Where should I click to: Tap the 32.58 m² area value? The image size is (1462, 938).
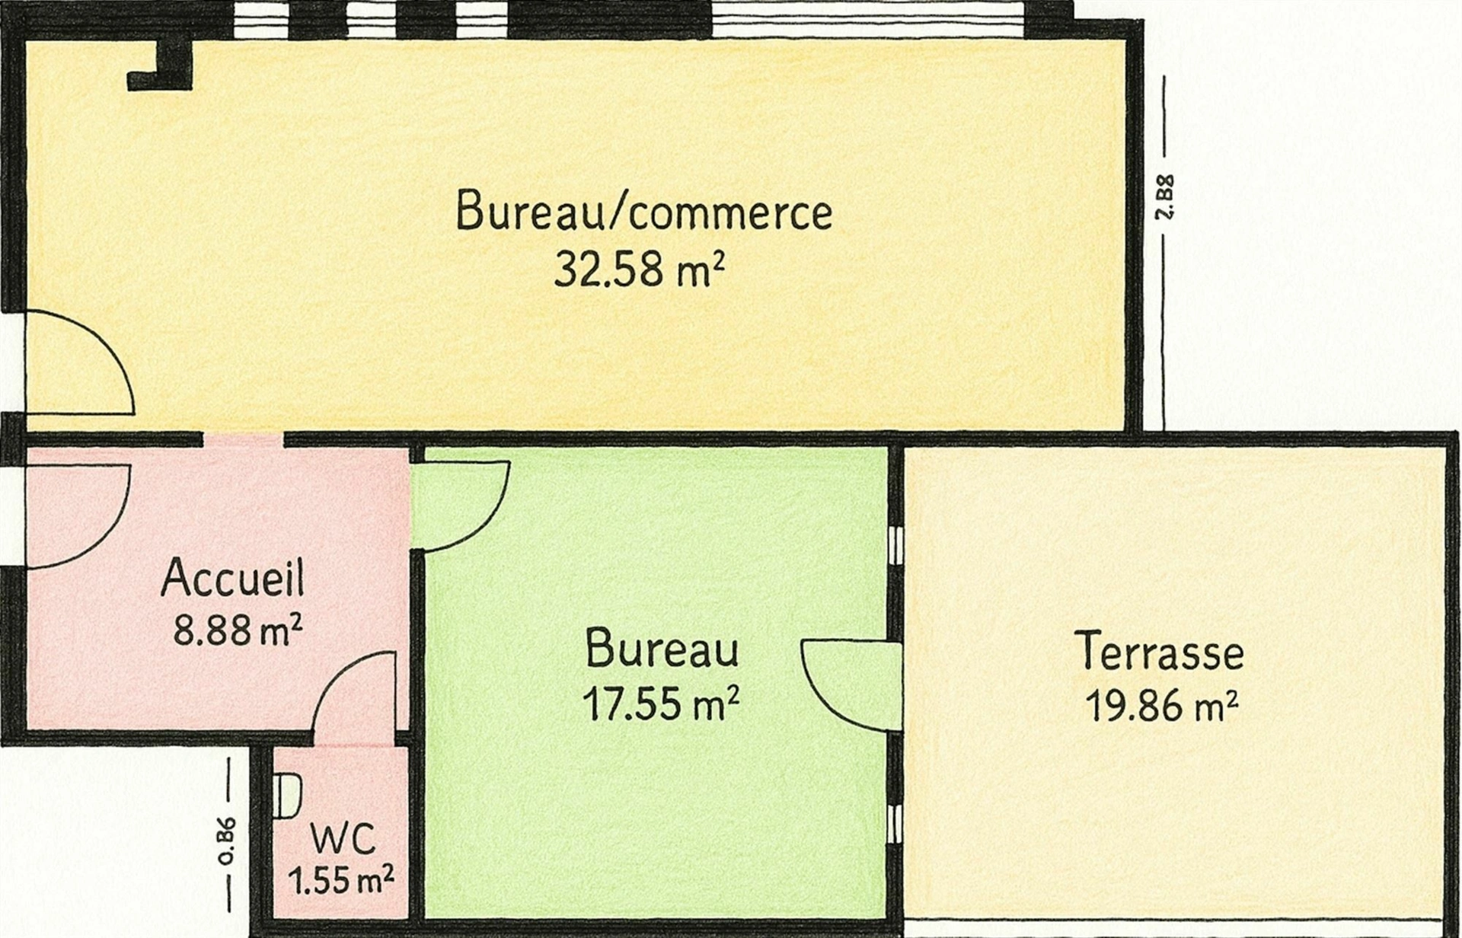point(638,269)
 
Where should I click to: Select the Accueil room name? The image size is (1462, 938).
point(233,577)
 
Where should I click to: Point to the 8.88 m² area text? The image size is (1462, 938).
point(238,630)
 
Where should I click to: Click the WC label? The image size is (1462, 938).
point(343,839)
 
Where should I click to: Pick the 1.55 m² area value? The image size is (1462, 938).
point(340,881)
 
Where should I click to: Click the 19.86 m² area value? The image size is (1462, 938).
point(1160,706)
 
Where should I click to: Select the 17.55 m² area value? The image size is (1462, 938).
point(660,703)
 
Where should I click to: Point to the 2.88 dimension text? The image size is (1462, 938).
point(1164,197)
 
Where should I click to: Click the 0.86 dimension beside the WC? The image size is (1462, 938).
point(226,842)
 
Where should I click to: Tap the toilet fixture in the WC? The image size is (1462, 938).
point(287,796)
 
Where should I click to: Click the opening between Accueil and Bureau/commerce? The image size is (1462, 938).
point(244,439)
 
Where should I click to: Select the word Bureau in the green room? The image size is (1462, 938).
point(662,649)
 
